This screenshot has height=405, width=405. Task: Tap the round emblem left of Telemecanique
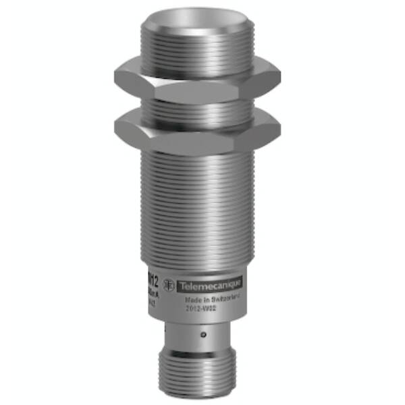173,286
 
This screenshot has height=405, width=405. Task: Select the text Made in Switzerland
209,300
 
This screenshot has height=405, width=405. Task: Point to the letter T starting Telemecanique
181,286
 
